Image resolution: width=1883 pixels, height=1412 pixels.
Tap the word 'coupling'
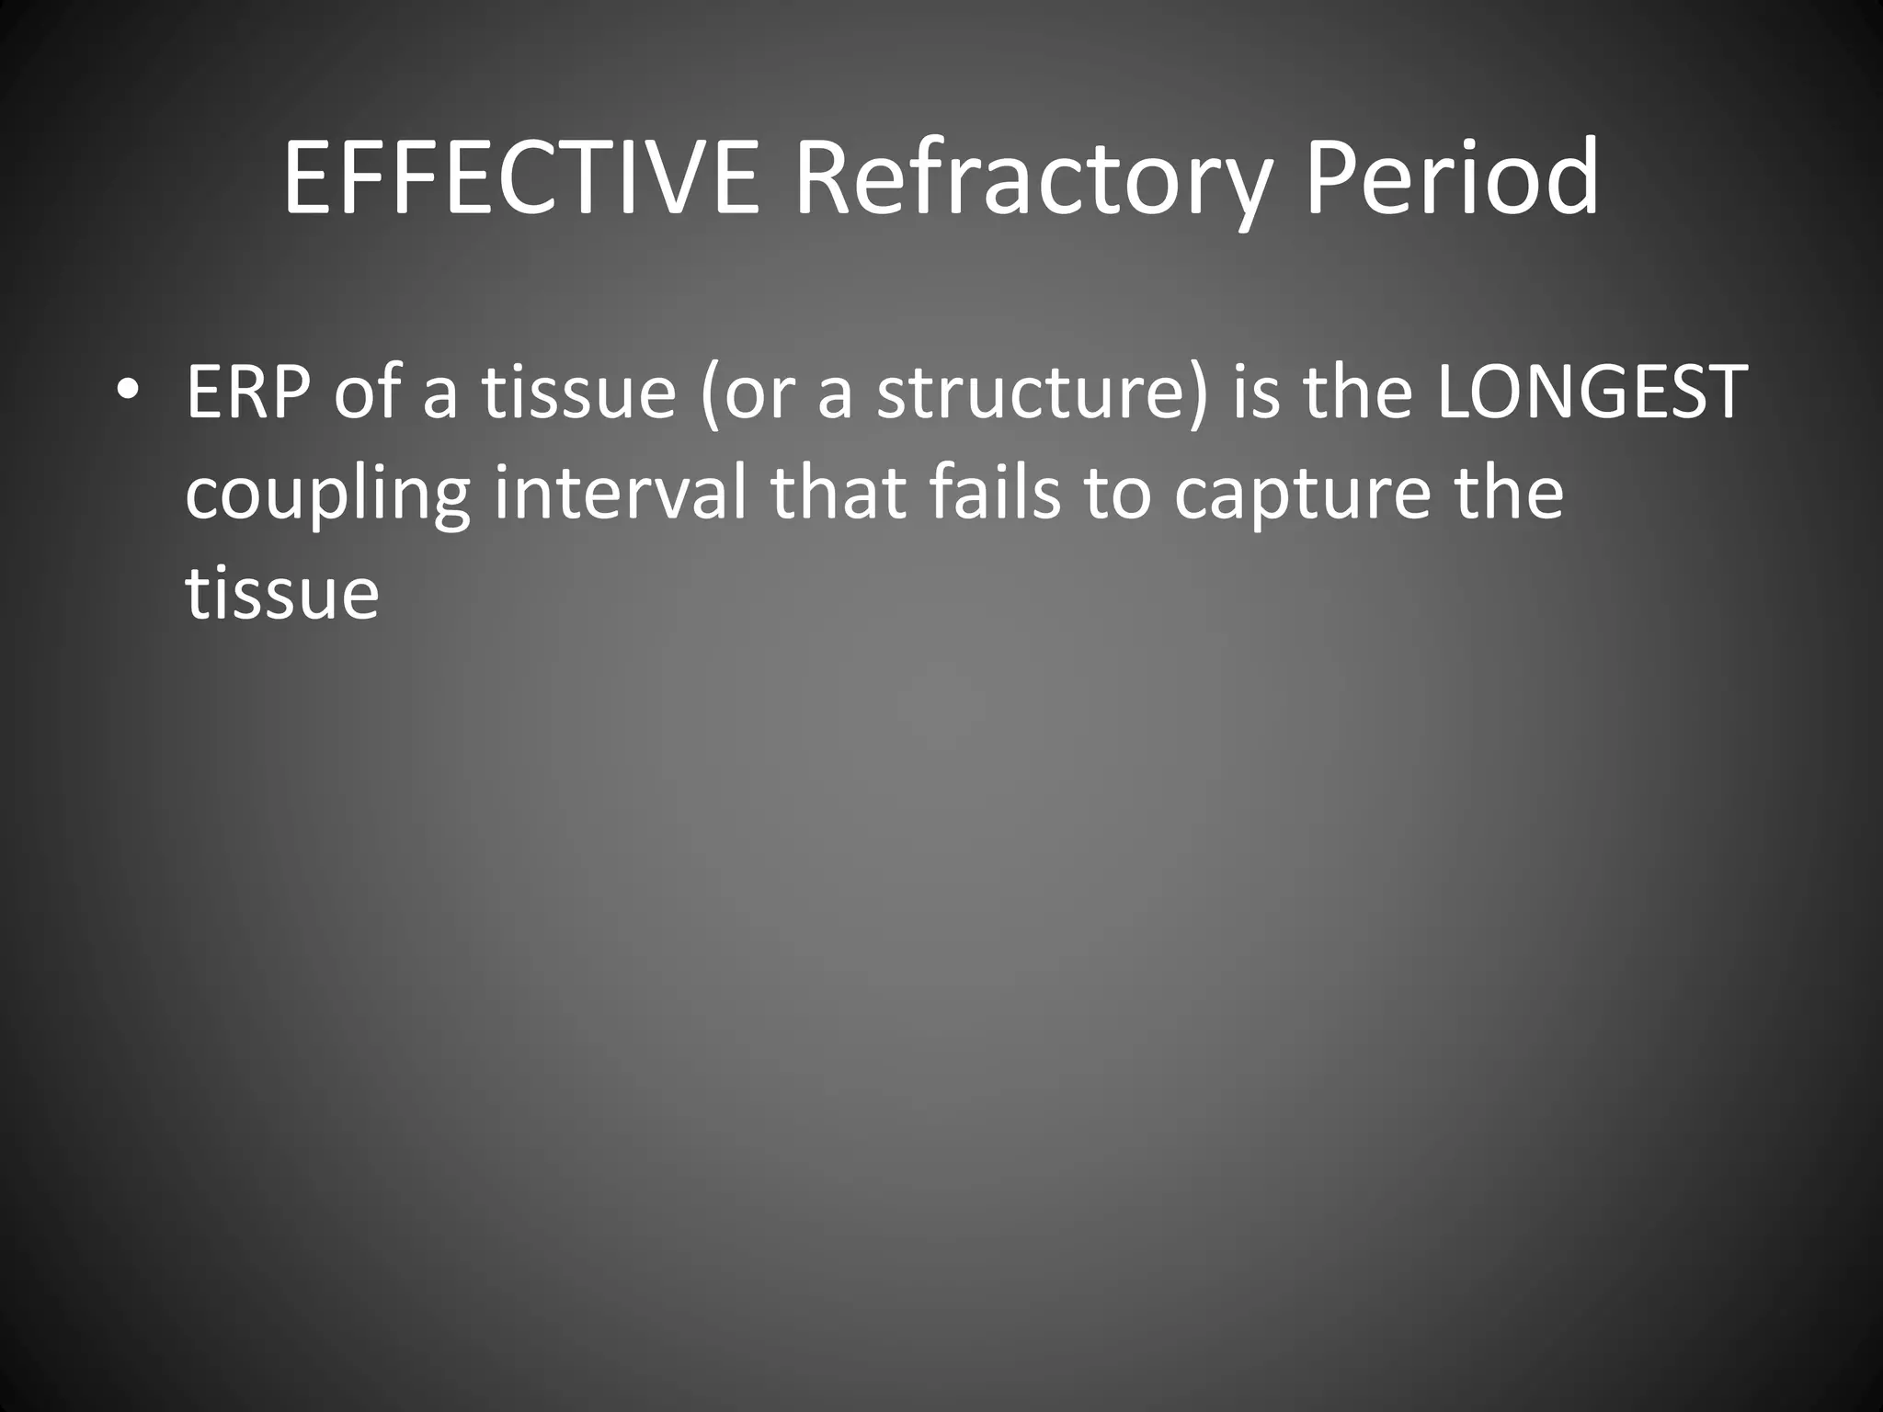(327, 495)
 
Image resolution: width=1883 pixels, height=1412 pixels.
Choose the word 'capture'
(1302, 495)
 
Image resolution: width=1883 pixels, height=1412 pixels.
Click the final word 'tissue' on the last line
(282, 593)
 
